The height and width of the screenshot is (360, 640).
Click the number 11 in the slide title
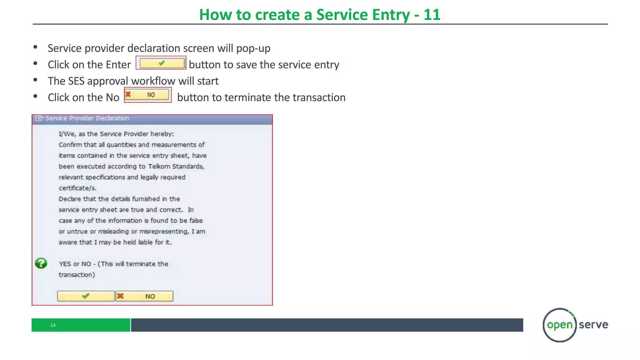coord(432,15)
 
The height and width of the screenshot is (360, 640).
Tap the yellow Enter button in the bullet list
coord(162,63)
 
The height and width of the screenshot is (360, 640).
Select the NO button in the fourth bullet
coord(147,95)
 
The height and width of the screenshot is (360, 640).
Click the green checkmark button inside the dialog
coord(86,296)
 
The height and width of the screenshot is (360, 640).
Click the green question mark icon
coord(41,263)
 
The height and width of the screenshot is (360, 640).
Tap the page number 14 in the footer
coord(53,325)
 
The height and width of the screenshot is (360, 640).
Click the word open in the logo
coord(560,325)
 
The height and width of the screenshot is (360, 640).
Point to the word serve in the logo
coord(593,325)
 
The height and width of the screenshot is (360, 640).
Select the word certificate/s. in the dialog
coord(77,188)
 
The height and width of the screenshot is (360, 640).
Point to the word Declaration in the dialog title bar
coord(112,118)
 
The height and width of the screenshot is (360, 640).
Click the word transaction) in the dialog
coord(77,275)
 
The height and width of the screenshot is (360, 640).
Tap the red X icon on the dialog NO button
coord(120,296)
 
